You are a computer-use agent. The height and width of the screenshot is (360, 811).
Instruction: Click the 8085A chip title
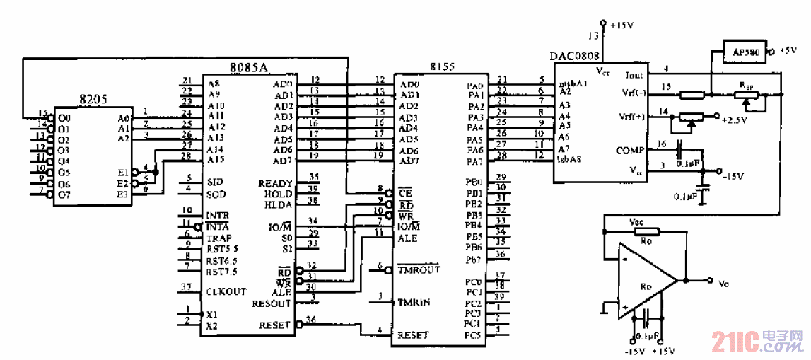pyautogui.click(x=249, y=68)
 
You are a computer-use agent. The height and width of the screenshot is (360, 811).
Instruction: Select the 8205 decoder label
pyautogui.click(x=92, y=100)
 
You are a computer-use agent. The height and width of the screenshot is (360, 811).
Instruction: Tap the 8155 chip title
pyautogui.click(x=442, y=66)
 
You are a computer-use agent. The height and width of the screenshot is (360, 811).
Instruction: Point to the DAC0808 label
pyautogui.click(x=573, y=56)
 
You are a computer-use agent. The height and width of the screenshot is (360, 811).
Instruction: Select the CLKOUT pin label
pyautogui.click(x=226, y=291)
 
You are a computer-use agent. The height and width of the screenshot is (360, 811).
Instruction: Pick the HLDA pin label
pyautogui.click(x=277, y=204)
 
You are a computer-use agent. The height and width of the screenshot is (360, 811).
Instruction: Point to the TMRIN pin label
pyautogui.click(x=414, y=302)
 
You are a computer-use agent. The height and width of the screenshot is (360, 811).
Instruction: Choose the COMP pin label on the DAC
pyautogui.click(x=630, y=151)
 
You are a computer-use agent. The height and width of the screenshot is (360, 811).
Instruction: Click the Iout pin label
pyautogui.click(x=634, y=74)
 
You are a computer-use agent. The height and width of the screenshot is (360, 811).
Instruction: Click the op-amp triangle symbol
pyautogui.click(x=647, y=281)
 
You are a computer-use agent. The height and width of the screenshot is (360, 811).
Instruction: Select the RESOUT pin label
pyautogui.click(x=271, y=304)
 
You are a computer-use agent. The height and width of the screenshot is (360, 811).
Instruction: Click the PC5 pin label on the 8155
pyautogui.click(x=472, y=335)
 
